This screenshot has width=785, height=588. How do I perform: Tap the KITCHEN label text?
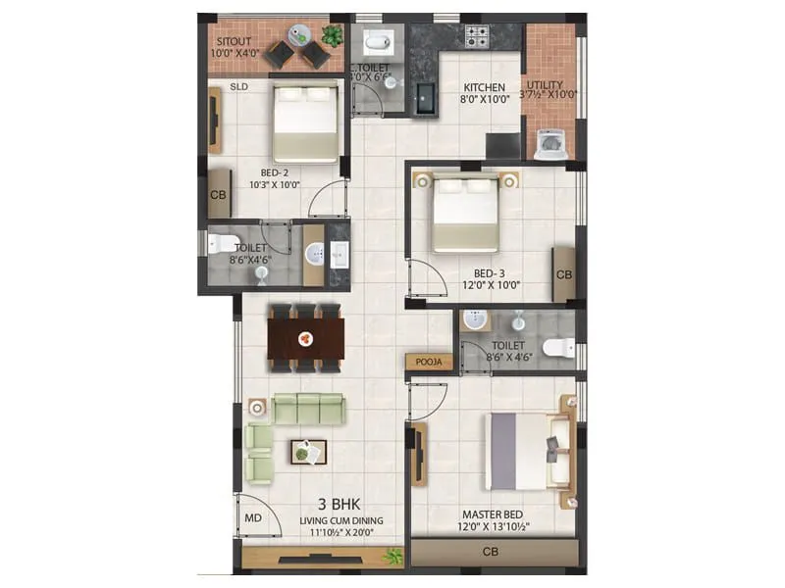click(485, 87)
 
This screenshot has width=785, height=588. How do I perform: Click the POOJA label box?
click(427, 362)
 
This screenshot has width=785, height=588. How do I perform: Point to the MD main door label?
click(252, 517)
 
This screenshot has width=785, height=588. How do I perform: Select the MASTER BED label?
click(494, 514)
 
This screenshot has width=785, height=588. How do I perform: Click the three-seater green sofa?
click(308, 407)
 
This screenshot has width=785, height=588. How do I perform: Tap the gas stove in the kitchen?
click(477, 37)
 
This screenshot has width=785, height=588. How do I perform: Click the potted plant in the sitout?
click(333, 36)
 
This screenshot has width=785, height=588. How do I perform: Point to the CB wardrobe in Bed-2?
click(218, 194)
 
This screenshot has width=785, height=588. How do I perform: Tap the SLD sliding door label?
click(238, 86)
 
